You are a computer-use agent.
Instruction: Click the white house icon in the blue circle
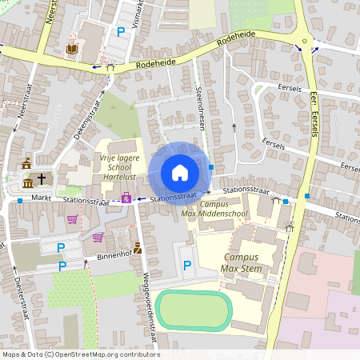pos(179,172)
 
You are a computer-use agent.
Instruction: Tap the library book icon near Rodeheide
pos(71,49)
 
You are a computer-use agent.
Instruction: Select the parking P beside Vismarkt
pos(121,31)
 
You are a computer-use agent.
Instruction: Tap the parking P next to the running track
pos(187,265)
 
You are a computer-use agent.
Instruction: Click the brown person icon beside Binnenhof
pos(138,248)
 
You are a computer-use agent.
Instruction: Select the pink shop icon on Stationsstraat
pos(126,197)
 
